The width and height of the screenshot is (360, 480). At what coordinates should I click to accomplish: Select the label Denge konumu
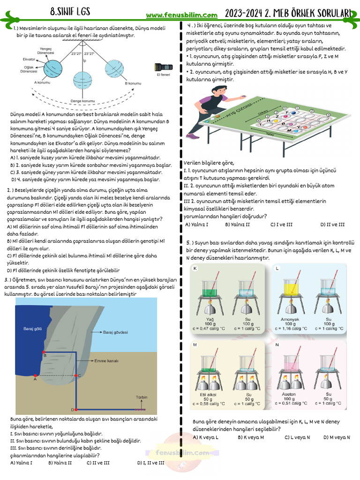[82, 101]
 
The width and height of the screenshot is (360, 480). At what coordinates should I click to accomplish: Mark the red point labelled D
[76, 409]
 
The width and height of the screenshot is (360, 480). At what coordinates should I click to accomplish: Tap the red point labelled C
[76, 375]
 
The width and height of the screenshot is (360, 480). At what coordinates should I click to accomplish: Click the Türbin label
[141, 397]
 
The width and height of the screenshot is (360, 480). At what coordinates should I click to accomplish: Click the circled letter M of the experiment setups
[195, 345]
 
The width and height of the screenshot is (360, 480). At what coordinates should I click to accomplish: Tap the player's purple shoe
[191, 135]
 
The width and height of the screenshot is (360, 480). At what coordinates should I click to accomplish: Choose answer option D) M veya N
[336, 437]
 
